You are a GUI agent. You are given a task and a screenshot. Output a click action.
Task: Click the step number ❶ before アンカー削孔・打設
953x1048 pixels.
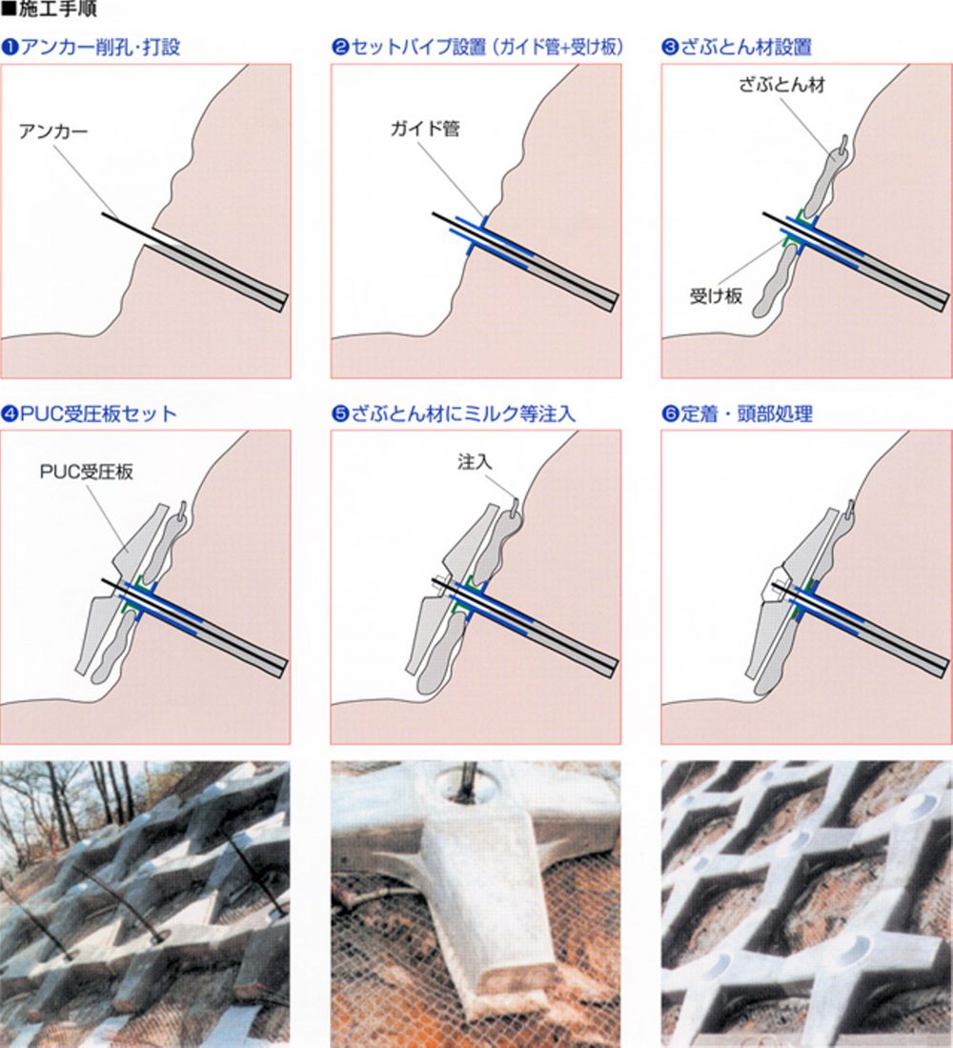(x=10, y=48)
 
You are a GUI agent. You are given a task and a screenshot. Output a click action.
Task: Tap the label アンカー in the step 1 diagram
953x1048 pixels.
(x=53, y=131)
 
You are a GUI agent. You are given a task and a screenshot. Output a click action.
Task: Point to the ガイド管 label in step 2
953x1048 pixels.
(x=425, y=129)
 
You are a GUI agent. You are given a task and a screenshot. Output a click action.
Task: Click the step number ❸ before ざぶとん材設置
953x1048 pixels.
(x=670, y=48)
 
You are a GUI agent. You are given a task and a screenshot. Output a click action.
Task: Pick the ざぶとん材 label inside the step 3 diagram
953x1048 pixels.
(x=781, y=85)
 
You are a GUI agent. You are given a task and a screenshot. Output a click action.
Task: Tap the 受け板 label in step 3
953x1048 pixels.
(x=717, y=295)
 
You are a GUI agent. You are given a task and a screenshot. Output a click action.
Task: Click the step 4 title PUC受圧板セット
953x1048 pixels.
(x=98, y=413)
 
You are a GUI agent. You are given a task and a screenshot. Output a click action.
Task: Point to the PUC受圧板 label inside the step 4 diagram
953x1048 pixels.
(x=87, y=472)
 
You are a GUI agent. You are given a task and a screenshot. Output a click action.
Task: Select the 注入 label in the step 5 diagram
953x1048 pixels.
(x=475, y=461)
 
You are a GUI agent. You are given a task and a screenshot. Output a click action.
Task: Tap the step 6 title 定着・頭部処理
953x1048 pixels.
(x=746, y=413)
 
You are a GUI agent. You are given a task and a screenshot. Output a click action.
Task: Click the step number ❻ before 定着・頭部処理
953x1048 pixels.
(x=670, y=414)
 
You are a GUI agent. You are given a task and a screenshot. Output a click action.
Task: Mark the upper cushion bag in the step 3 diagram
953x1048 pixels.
(x=826, y=177)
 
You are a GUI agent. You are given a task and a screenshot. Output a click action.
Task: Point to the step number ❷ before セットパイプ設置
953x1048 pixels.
(x=340, y=48)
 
